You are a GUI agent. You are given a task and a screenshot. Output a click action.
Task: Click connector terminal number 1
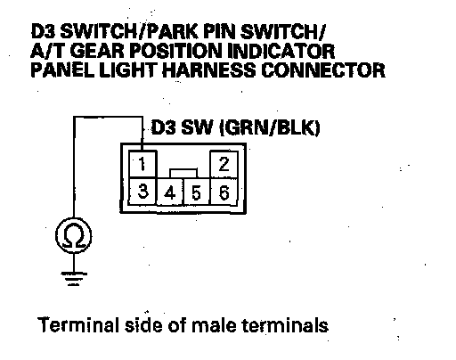point(142,164)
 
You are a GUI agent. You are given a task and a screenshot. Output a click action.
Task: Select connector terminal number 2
point(224,164)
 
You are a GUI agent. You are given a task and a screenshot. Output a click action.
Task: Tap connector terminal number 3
point(142,191)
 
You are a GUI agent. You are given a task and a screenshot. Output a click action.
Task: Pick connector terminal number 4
point(170,192)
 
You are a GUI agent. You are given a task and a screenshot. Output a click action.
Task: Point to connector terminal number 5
point(197,192)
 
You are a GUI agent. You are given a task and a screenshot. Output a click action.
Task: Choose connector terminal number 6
point(224,192)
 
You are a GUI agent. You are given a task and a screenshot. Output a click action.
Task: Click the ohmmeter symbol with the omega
point(74,236)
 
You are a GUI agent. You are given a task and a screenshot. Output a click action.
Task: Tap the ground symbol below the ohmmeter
point(74,279)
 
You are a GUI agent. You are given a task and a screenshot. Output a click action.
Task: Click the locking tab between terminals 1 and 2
point(183,174)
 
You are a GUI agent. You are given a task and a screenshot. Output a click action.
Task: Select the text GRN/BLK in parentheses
point(270,128)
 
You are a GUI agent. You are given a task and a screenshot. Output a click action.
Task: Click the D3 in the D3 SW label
point(163,127)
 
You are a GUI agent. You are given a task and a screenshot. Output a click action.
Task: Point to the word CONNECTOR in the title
point(323,70)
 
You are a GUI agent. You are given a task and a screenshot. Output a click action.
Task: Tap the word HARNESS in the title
point(209,70)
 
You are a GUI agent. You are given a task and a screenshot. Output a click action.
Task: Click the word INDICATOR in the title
point(281,51)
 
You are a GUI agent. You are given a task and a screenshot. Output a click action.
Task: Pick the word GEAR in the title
point(97,51)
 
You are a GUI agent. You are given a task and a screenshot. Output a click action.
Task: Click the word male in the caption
point(214,325)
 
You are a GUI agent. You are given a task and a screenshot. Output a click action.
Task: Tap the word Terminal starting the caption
point(78,324)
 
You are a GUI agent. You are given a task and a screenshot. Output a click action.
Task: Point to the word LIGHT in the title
point(128,70)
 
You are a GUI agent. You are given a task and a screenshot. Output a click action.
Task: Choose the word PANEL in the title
point(62,70)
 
